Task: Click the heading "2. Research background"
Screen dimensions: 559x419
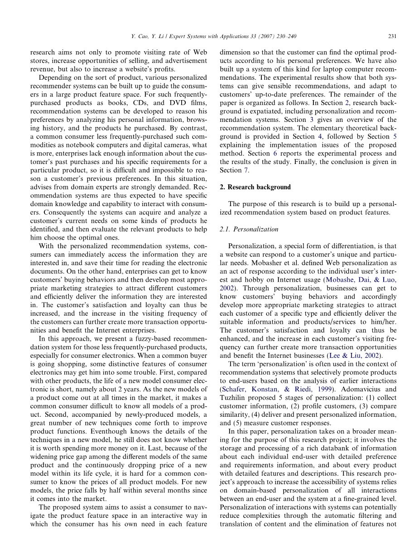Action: pos(255,187)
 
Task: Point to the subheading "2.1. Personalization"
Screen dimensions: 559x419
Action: pos(249,229)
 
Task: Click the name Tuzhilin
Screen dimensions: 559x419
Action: pos(234,397)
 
